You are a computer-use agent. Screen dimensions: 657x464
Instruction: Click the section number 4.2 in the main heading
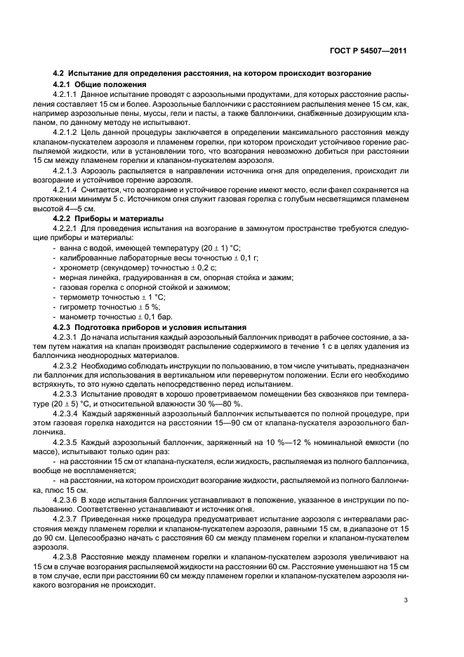pyautogui.click(x=60, y=74)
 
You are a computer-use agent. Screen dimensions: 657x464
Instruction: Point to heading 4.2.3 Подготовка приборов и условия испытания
pyautogui.click(x=150, y=326)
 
